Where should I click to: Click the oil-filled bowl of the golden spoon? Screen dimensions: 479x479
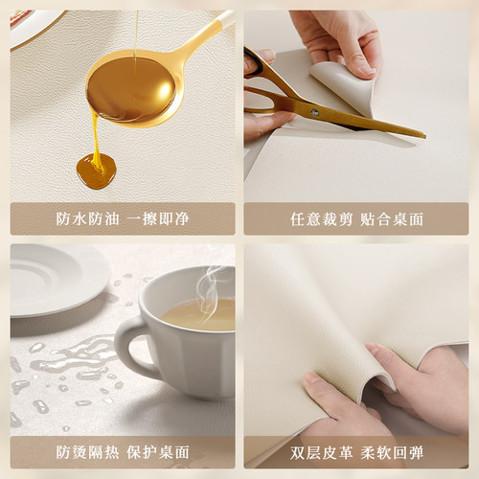[132, 90]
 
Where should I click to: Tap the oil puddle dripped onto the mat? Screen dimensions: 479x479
[96, 171]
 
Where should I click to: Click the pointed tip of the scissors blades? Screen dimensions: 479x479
[422, 134]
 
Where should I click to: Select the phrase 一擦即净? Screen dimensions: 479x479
[159, 218]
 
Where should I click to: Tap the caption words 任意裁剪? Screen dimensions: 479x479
[319, 218]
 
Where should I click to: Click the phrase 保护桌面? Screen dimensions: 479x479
[159, 451]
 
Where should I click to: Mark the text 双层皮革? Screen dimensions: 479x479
[319, 451]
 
